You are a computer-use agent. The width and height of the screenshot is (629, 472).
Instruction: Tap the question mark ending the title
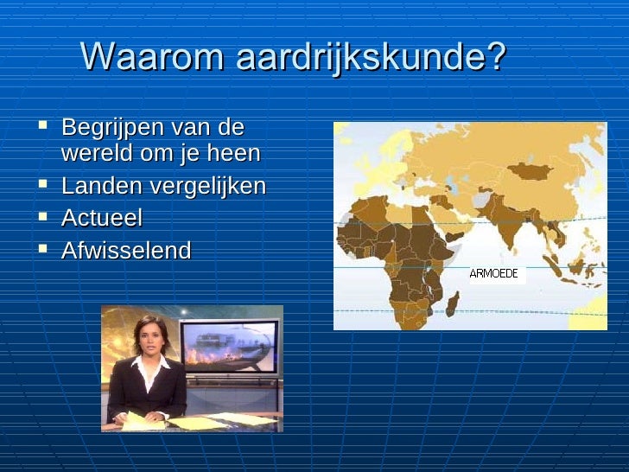point(495,57)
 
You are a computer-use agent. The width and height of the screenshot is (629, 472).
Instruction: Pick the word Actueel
point(101,218)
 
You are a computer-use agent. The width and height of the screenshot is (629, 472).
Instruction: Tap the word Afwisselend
point(126,251)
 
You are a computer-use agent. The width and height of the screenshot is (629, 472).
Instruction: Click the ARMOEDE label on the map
point(494,274)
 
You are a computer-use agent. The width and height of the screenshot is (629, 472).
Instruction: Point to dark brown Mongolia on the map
point(530,170)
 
